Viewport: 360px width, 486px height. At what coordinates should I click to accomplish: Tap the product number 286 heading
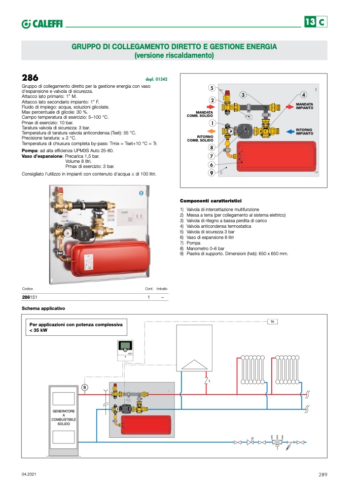[30, 78]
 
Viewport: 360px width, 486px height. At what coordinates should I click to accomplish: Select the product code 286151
[31, 297]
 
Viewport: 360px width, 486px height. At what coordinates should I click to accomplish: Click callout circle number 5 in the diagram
[212, 87]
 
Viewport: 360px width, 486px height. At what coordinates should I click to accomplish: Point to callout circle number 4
[303, 94]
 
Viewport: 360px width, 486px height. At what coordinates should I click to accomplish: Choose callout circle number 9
[211, 173]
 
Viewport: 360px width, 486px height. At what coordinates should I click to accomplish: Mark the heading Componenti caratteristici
[210, 201]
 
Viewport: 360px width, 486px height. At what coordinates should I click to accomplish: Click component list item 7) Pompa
[190, 243]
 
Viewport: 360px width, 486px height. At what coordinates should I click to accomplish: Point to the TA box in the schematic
[272, 322]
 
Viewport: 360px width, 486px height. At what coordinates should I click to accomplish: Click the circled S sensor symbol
[85, 388]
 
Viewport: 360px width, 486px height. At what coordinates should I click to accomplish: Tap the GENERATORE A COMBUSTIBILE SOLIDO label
[64, 417]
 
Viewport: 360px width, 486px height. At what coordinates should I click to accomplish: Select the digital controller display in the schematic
[124, 346]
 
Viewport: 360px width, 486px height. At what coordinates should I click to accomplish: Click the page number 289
[323, 474]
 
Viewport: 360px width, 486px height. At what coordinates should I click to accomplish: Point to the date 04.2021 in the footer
[29, 474]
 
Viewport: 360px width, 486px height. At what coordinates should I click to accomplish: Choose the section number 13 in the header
[310, 22]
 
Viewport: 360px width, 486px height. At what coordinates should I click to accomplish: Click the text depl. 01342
[157, 79]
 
